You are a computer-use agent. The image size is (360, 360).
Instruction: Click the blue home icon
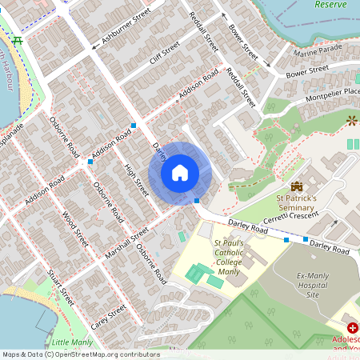click(180, 173)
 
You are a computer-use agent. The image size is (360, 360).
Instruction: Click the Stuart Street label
click(60, 288)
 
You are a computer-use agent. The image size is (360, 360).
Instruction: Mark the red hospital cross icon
click(352, 329)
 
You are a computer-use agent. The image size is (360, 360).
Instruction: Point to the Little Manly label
click(72, 342)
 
